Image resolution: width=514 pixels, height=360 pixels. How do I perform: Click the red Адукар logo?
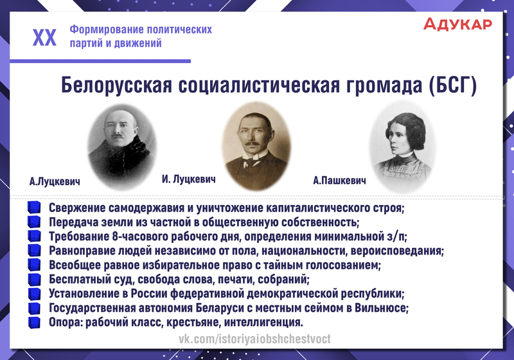point(457,24)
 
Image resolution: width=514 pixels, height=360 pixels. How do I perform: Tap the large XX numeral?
point(44,37)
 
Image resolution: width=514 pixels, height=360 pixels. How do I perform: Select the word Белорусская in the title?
point(116,85)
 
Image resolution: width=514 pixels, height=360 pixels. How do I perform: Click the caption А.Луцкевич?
point(55,182)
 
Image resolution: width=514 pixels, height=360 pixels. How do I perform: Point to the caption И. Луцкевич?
point(188,179)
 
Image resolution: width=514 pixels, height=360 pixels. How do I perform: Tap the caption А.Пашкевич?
point(339,181)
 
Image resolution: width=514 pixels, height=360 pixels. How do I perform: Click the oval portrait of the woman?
point(402,148)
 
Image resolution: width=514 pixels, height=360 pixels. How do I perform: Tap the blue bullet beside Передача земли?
point(34,222)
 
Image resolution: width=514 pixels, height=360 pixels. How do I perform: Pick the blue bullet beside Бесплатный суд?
point(34,280)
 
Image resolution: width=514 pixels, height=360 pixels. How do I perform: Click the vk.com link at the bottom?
point(254,339)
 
